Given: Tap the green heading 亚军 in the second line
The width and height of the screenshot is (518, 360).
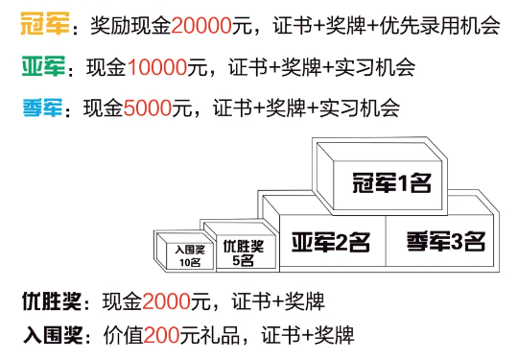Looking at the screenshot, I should tap(39, 68).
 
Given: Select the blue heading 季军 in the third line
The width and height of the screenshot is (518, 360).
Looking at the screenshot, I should tap(39, 108).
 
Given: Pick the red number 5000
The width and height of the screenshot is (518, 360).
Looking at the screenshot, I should tap(150, 108).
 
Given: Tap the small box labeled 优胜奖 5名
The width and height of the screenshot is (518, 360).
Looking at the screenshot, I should tap(240, 252).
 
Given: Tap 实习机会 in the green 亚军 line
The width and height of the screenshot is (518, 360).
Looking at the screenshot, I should tap(381, 68).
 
